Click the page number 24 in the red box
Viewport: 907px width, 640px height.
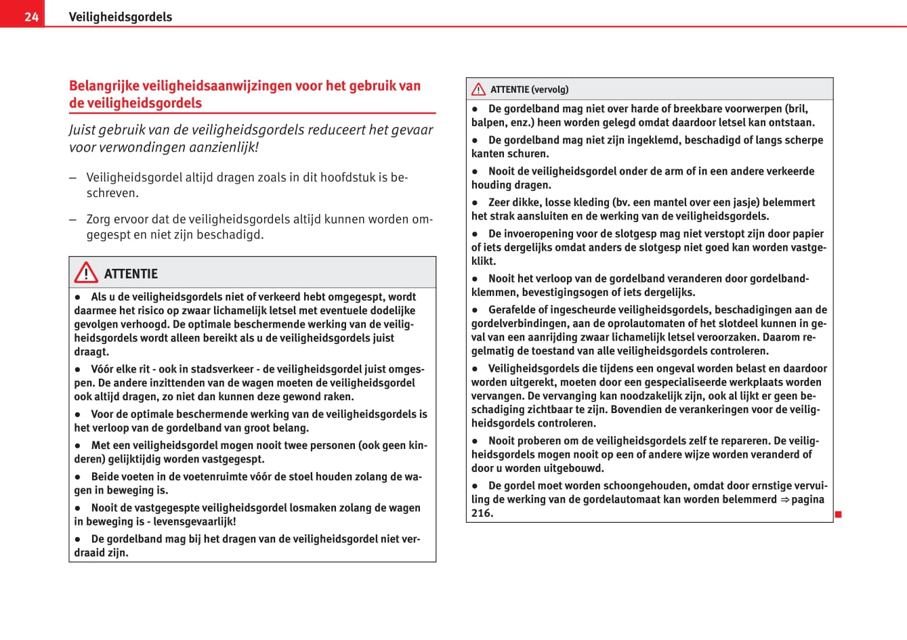[x=31, y=17]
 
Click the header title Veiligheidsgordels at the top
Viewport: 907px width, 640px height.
[x=120, y=17]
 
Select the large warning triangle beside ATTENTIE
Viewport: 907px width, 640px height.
[x=86, y=273]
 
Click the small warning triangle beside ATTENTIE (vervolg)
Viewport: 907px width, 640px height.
[x=479, y=89]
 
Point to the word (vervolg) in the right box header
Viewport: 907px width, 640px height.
[x=550, y=89]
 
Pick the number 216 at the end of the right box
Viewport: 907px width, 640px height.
[x=482, y=513]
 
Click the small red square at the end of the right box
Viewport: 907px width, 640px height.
[x=838, y=515]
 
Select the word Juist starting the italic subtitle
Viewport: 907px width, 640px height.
[x=83, y=130]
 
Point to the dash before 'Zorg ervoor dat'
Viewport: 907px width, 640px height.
[x=72, y=219]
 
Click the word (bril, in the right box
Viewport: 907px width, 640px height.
[x=797, y=108]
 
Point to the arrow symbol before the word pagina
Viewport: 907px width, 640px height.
[x=784, y=500]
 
